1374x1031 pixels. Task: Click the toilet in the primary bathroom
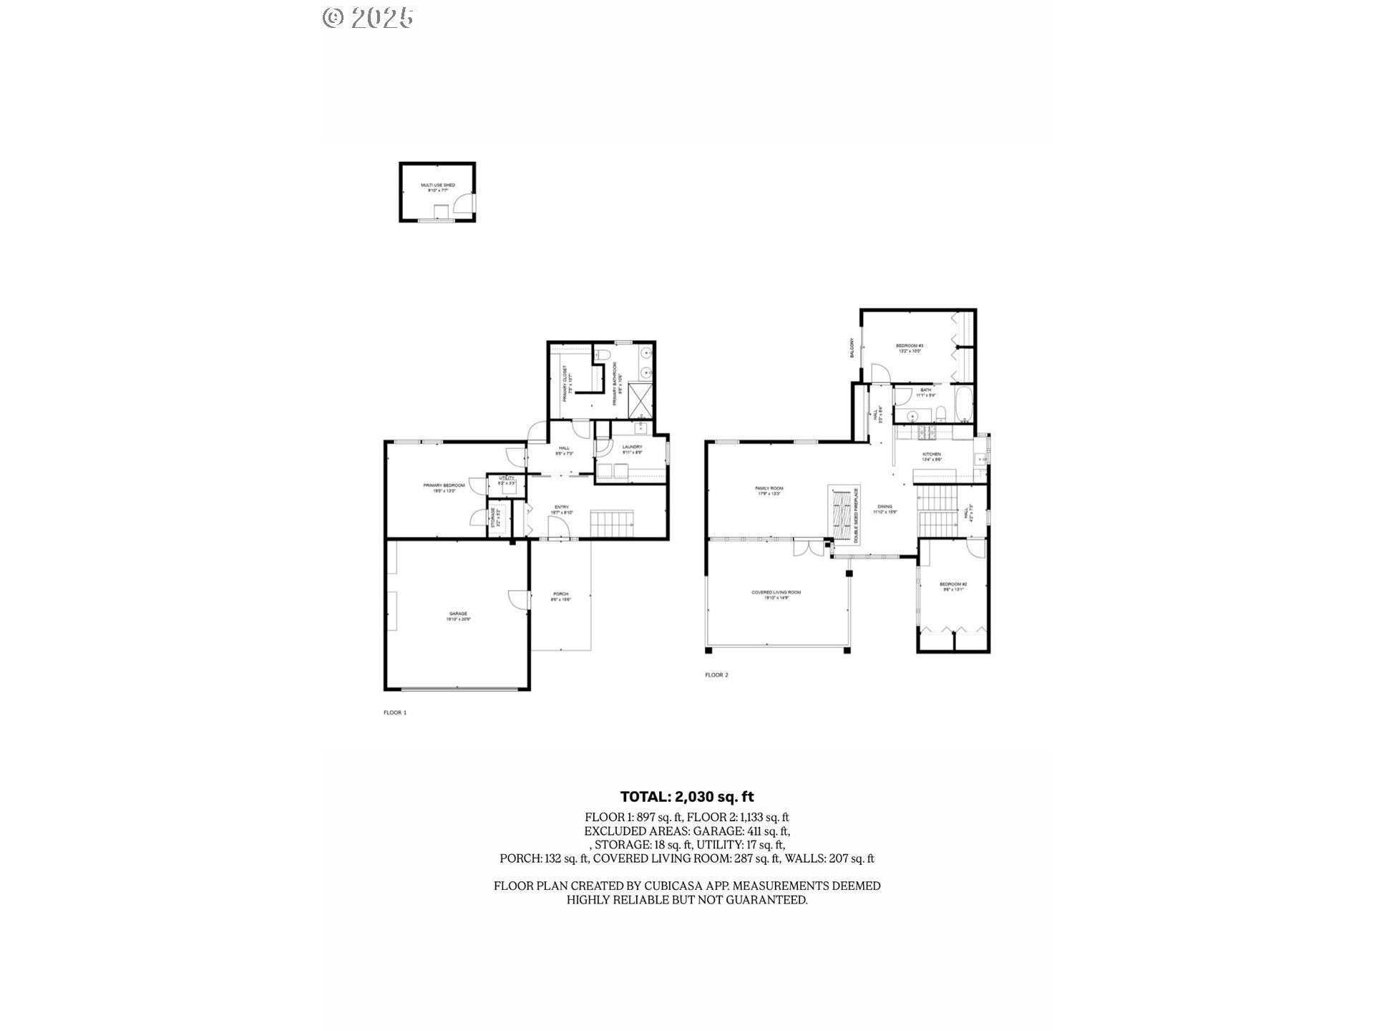click(x=603, y=356)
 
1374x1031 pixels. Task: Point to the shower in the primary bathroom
click(x=640, y=402)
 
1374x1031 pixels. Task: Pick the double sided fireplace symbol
click(x=843, y=513)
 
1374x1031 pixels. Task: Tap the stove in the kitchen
click(x=928, y=431)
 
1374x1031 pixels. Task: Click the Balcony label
click(x=852, y=348)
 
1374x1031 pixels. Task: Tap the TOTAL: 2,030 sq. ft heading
click(x=687, y=797)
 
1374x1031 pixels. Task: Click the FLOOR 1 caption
click(x=395, y=712)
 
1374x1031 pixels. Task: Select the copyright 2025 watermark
click(x=368, y=17)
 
